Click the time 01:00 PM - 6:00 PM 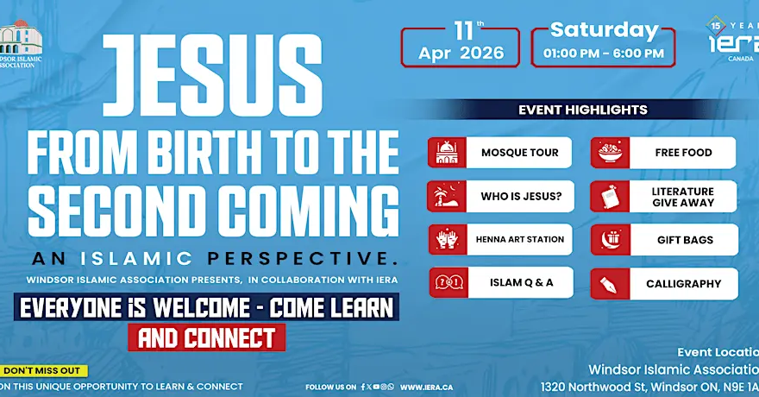(604, 54)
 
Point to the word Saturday (604, 29)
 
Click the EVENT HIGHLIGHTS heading (582, 110)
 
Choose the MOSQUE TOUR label (519, 153)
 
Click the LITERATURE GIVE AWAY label (683, 197)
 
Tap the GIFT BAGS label (685, 240)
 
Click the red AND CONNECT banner (206, 337)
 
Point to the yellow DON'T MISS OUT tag (43, 370)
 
